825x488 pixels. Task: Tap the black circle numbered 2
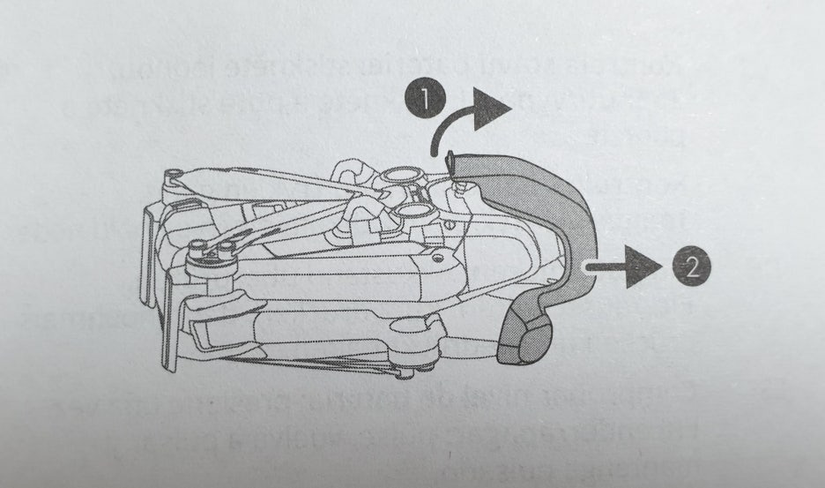click(691, 264)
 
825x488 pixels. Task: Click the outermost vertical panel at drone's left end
click(158, 265)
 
